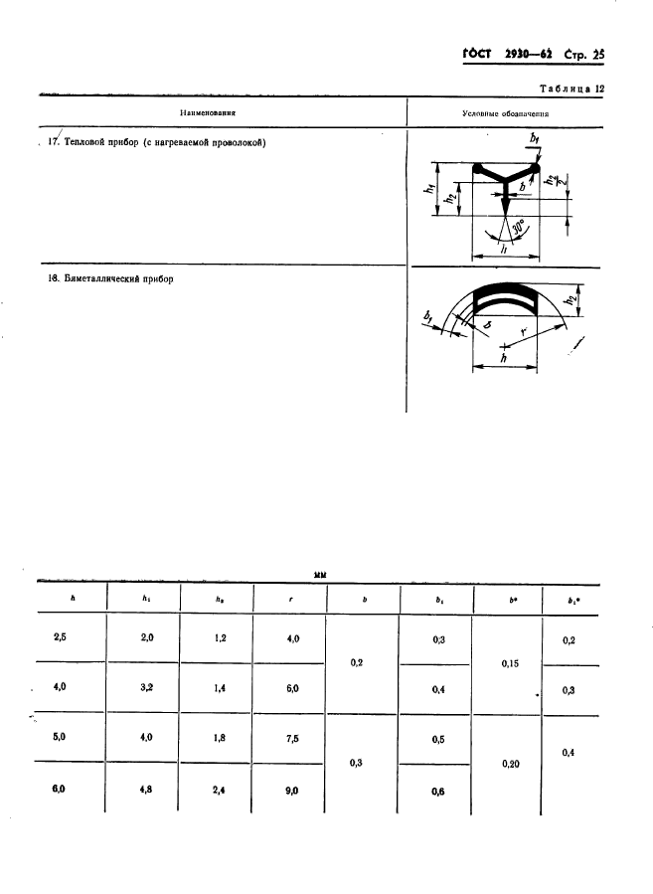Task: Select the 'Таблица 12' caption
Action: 571,89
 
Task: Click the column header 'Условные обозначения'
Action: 506,113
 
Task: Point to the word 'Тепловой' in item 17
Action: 89,142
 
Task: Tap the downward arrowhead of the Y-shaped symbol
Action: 506,205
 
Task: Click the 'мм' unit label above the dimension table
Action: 320,574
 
